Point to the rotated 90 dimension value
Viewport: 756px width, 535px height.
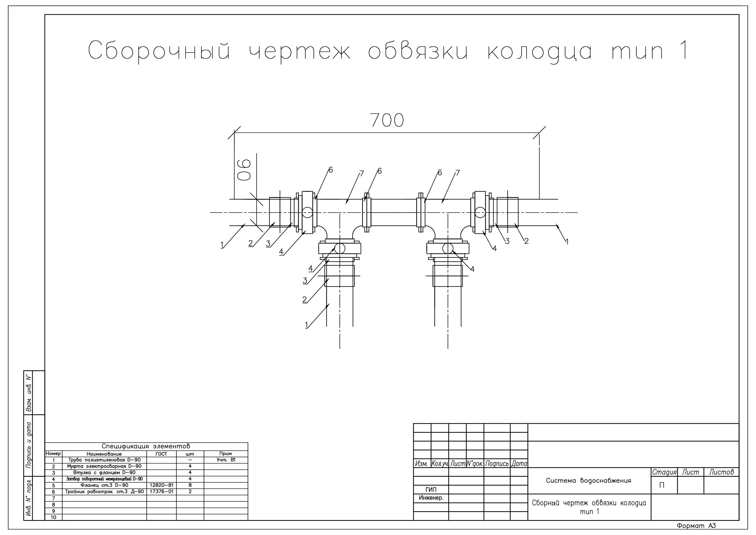[x=244, y=170]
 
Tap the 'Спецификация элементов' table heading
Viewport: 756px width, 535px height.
[x=146, y=446]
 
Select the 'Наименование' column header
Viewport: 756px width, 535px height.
[x=104, y=454]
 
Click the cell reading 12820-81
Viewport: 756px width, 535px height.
[x=161, y=485]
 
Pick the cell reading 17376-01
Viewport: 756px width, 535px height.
[x=161, y=491]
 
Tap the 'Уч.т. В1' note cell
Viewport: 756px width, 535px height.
[x=226, y=460]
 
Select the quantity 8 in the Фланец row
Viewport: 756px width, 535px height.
[x=190, y=485]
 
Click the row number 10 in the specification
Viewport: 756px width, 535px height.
[x=53, y=518]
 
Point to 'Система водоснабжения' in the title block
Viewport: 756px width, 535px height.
[x=588, y=481]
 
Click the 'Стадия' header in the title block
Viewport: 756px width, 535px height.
[x=664, y=472]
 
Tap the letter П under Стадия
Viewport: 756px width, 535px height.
[x=662, y=486]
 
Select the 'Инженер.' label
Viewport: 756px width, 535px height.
[x=431, y=498]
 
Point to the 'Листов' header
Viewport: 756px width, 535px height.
[x=721, y=472]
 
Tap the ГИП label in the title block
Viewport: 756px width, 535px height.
[x=431, y=490]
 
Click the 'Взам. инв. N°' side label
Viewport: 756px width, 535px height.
[x=29, y=393]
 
